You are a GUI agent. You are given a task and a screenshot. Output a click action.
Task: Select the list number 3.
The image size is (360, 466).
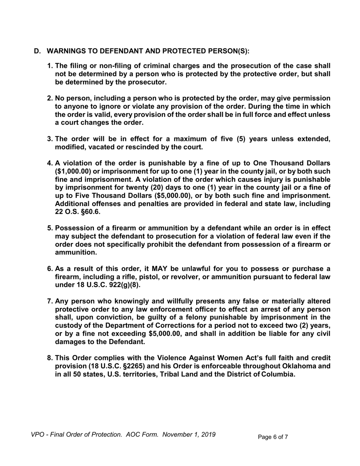click(x=50, y=139)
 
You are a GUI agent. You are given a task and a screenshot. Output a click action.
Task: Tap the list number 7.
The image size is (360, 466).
click(x=50, y=301)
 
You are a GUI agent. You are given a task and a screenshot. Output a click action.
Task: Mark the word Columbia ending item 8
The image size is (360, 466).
click(x=278, y=374)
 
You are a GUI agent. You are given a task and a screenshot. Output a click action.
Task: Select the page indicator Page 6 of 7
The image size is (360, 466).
click(x=273, y=437)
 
